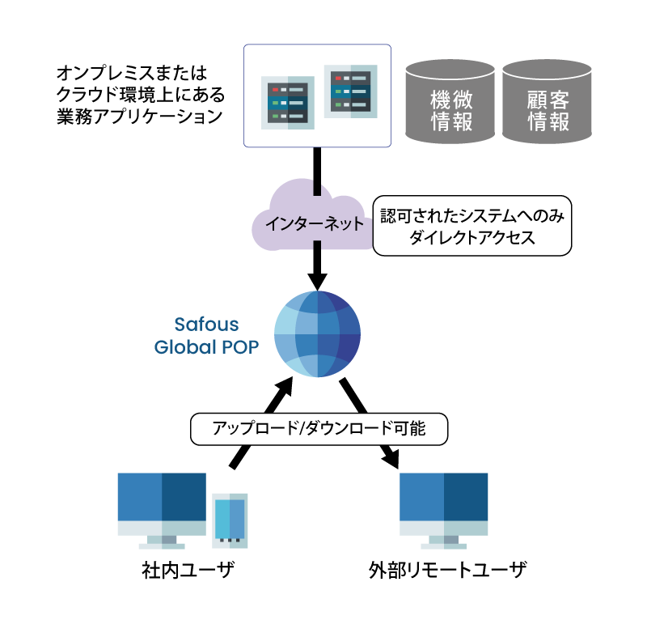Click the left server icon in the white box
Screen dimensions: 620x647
[x=288, y=103]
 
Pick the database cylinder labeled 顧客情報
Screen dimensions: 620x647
[x=548, y=102]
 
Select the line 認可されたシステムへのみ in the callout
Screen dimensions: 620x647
[x=472, y=216]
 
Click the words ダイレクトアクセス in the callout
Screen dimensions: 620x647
[x=472, y=238]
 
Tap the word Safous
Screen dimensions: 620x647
[x=207, y=325]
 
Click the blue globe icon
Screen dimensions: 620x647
[x=317, y=333]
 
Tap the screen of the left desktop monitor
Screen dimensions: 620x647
[x=162, y=496]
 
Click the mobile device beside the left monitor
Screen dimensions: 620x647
[x=230, y=520]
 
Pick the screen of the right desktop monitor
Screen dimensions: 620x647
[x=444, y=496]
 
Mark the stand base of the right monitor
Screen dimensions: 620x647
[x=444, y=546]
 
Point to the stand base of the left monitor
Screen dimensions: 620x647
[x=162, y=546]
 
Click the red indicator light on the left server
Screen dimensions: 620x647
[x=275, y=89]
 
